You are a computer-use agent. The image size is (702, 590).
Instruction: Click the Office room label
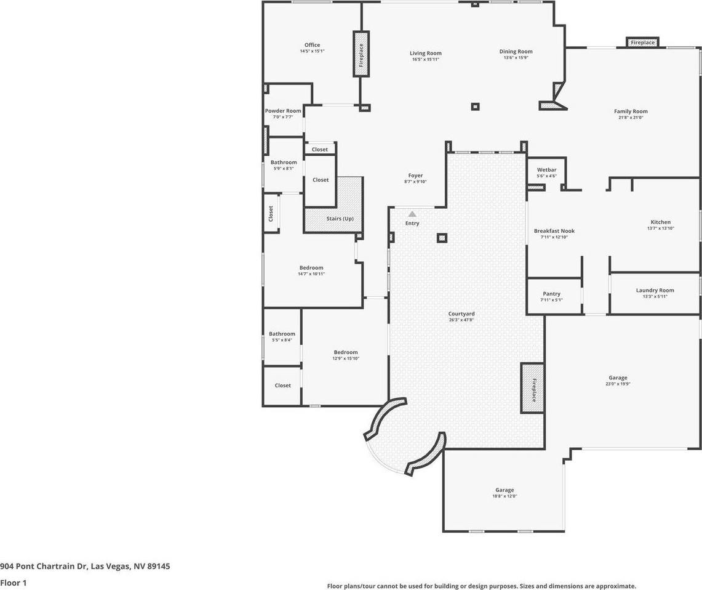[312, 45]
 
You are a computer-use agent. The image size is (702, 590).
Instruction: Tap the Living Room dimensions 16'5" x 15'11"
[426, 59]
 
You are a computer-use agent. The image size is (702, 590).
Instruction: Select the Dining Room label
[516, 52]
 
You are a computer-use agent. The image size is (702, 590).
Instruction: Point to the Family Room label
[631, 111]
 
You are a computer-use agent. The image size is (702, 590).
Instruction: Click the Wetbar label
[546, 169]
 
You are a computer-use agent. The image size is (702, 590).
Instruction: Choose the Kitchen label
[660, 222]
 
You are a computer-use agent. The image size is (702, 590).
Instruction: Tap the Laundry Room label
[655, 290]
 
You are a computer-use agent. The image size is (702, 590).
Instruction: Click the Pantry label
[551, 294]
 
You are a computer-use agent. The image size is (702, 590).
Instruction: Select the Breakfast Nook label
[554, 231]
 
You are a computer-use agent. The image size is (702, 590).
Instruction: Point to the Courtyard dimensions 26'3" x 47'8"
[461, 320]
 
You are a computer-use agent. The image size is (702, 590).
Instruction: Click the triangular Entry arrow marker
[412, 214]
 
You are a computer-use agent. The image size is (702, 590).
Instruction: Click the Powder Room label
[283, 111]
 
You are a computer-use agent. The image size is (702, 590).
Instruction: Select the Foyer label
[415, 176]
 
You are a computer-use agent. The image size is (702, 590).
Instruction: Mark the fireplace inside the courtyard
[532, 388]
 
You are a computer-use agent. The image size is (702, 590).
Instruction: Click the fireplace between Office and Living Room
[361, 54]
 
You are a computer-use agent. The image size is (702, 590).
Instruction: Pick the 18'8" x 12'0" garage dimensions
[504, 496]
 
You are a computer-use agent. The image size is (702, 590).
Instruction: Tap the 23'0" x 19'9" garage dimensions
[618, 384]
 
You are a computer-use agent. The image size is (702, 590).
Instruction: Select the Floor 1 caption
[14, 582]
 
